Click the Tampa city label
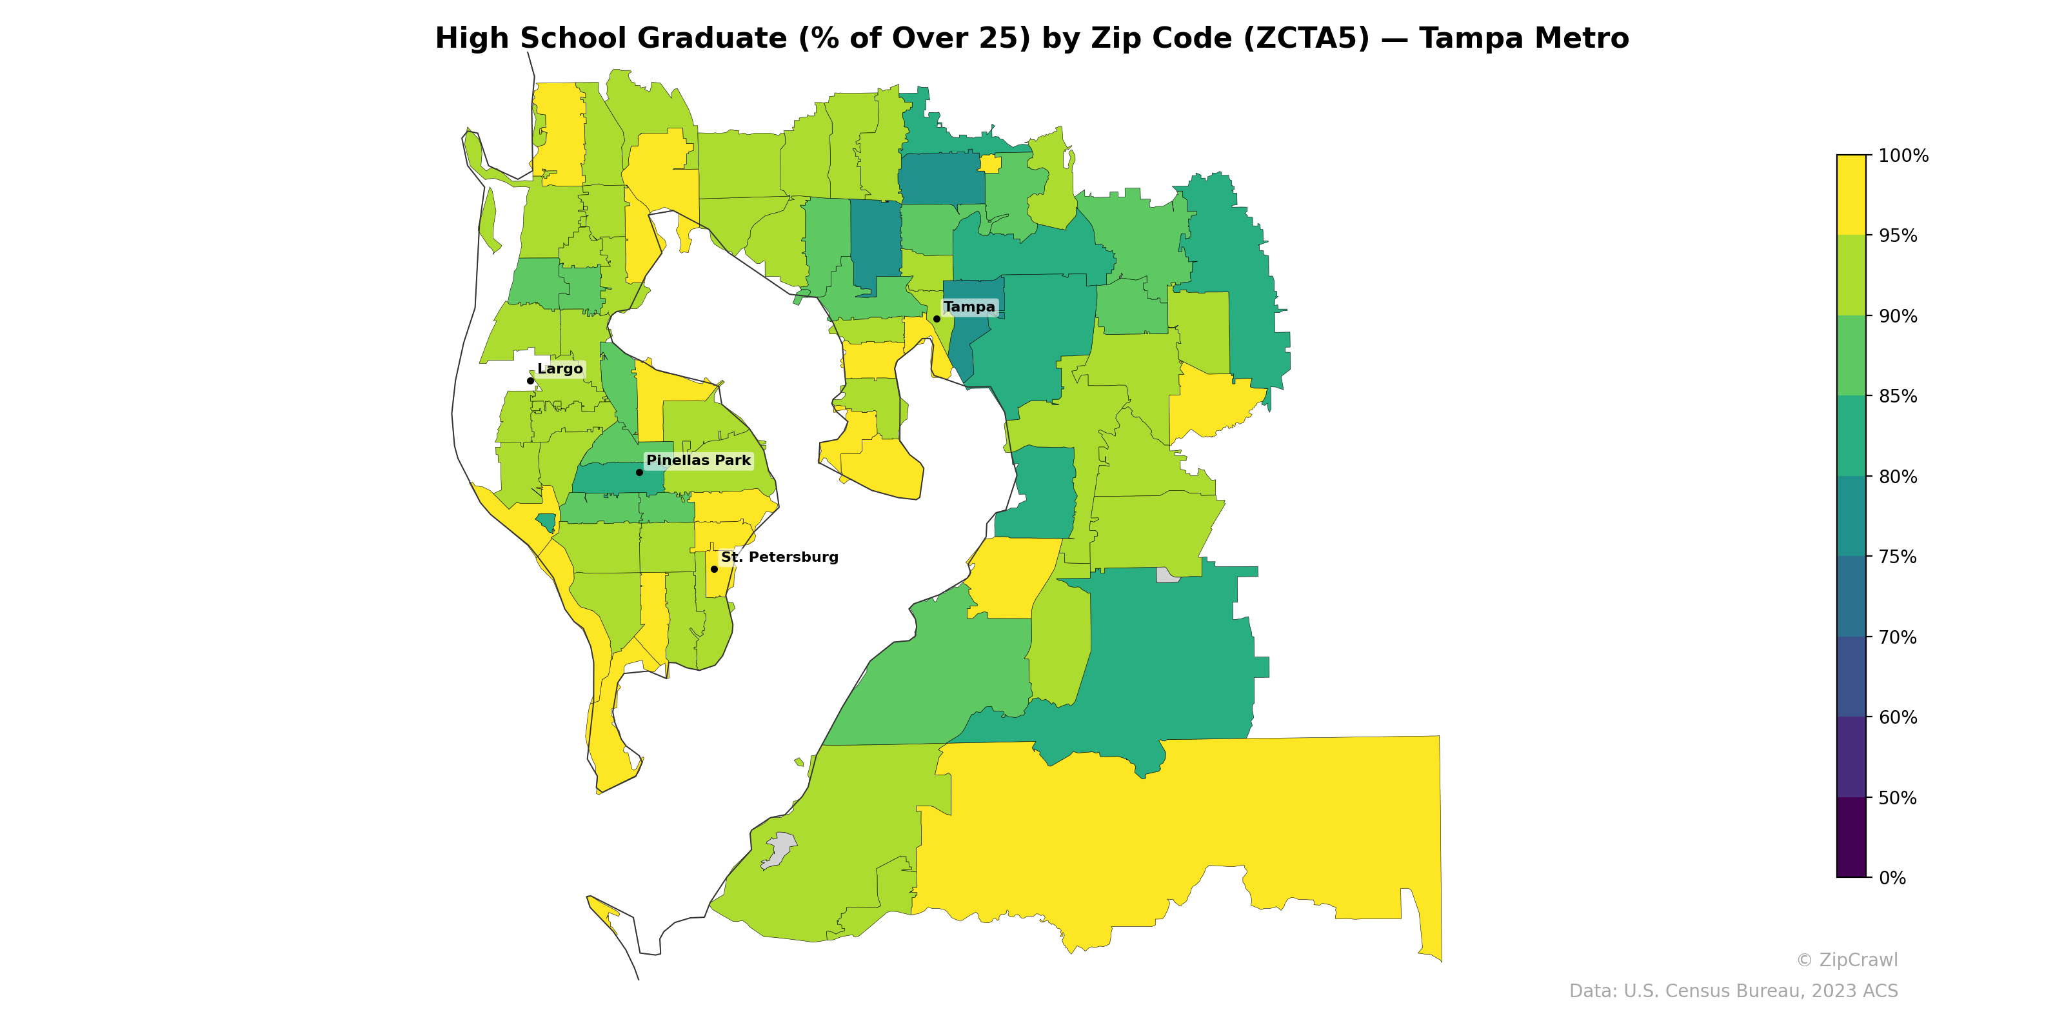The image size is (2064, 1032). click(x=969, y=307)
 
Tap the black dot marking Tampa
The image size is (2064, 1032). click(x=937, y=319)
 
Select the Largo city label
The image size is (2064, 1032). click(x=559, y=368)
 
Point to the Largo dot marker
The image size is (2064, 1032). click(x=530, y=381)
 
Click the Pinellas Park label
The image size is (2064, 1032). click(x=698, y=461)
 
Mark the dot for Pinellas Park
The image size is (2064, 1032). click(x=639, y=472)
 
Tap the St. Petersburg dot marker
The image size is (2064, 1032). click(x=714, y=569)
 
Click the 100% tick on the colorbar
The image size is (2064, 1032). click(x=1903, y=155)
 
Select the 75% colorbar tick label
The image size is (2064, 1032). click(x=1898, y=557)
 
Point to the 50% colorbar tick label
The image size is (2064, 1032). click(x=1898, y=798)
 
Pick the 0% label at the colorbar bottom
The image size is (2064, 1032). click(x=1892, y=878)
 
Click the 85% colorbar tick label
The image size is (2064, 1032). click(x=1898, y=397)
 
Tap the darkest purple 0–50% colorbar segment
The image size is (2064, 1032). click(x=1851, y=837)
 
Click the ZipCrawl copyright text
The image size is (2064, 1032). click(x=1847, y=960)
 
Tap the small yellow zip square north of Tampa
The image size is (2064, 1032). click(x=989, y=164)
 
